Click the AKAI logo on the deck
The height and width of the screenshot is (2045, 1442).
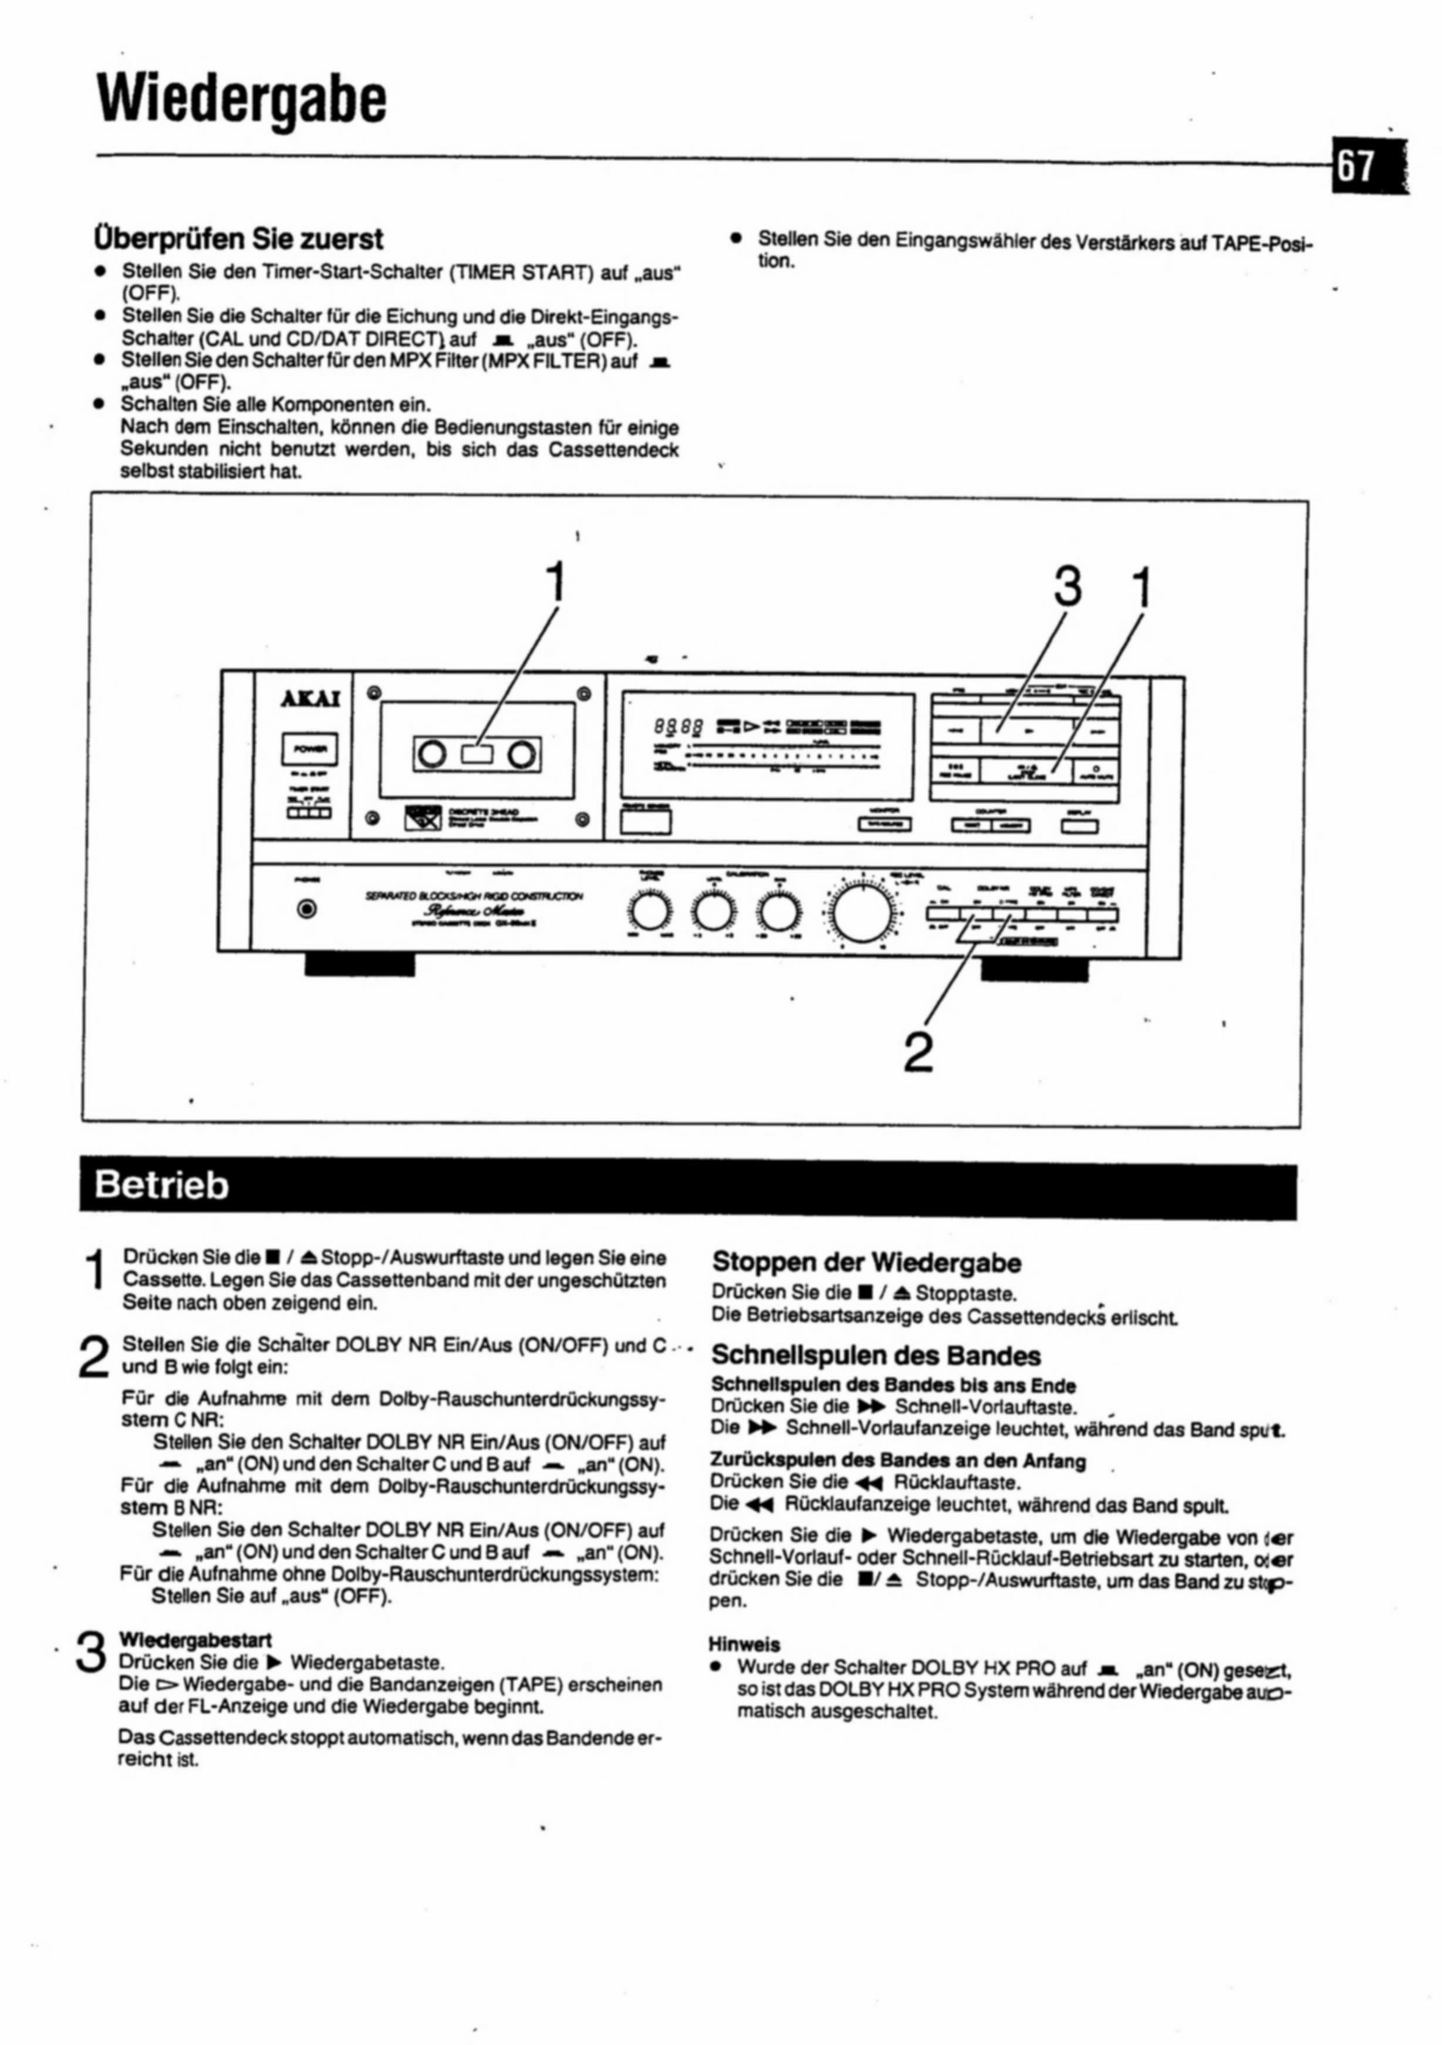310,697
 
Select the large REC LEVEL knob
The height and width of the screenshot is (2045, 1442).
862,914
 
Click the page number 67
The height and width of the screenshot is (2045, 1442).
1356,167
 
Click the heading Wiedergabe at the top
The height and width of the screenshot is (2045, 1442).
242,100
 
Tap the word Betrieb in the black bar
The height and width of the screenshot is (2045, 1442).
161,1186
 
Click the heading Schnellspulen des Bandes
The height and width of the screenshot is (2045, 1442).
876,1356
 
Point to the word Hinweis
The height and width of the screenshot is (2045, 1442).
745,1644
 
